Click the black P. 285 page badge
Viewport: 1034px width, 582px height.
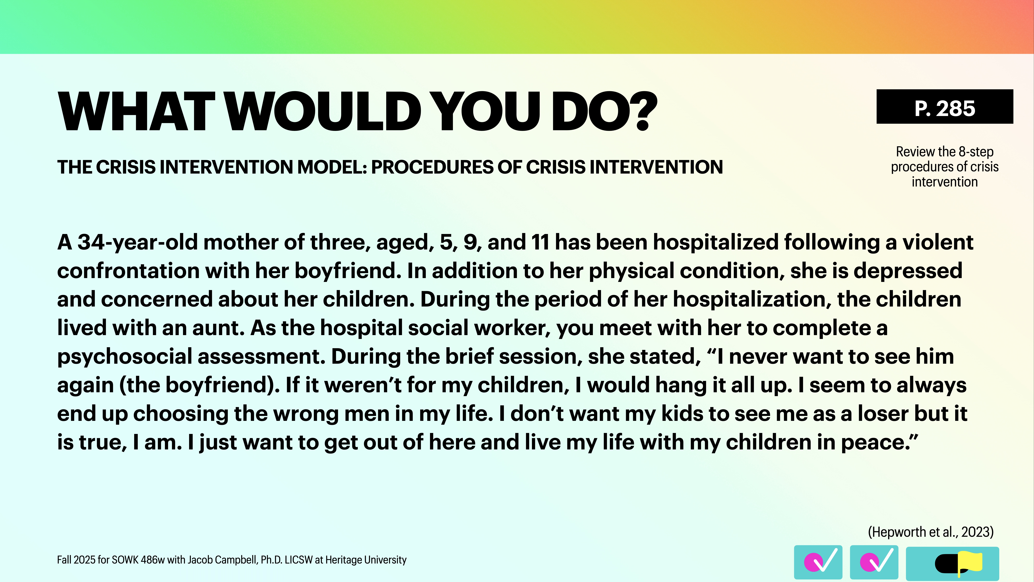944,107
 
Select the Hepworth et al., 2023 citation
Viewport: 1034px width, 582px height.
930,532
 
